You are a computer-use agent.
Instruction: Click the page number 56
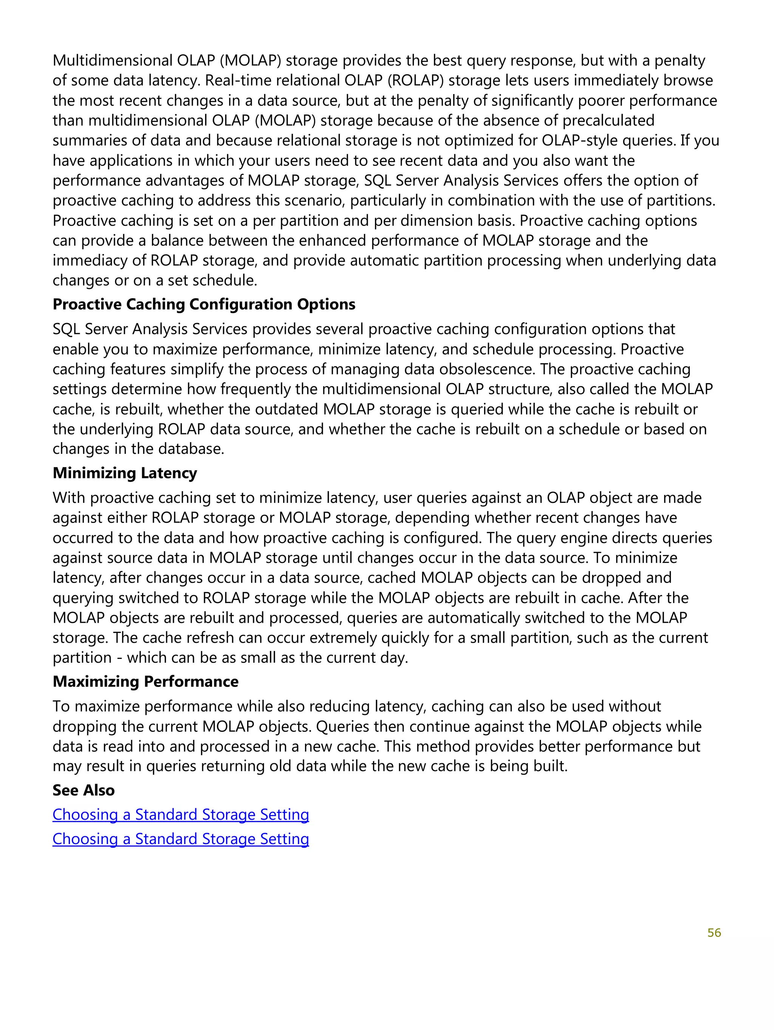pos(714,932)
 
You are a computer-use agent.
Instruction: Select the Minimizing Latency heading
pos(124,473)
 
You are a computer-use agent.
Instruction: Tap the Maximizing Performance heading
pos(145,681)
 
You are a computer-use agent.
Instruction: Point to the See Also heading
pos(84,790)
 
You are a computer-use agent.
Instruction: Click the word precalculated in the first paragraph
pos(608,121)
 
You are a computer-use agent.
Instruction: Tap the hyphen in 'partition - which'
pos(119,657)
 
